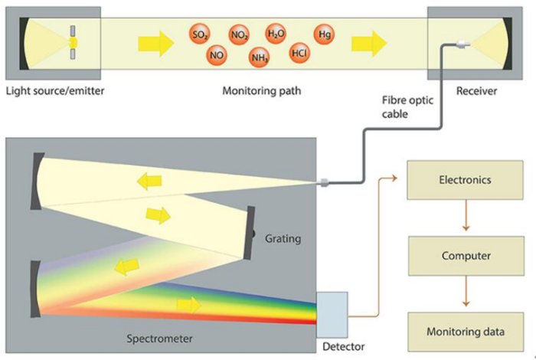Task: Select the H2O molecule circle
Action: [276, 34]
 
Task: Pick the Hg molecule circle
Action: [325, 34]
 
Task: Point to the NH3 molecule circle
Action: [260, 56]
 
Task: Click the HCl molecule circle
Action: [299, 54]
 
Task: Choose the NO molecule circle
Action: [217, 56]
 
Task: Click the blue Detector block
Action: [331, 313]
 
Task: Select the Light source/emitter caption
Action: [54, 91]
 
